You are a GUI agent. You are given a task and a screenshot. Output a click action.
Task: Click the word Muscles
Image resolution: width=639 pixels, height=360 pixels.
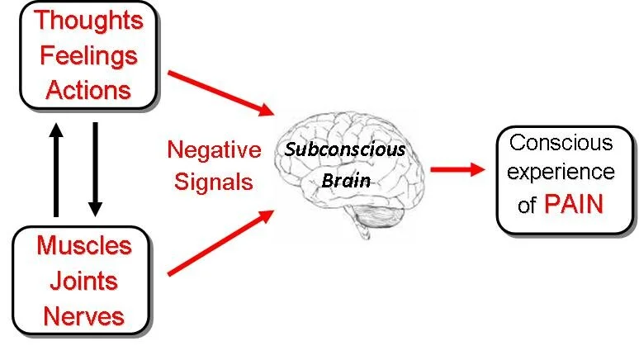[84, 245]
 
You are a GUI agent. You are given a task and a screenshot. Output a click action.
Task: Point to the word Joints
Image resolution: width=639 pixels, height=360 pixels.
[84, 280]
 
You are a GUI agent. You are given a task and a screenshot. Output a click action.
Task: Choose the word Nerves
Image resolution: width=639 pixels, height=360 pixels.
[84, 315]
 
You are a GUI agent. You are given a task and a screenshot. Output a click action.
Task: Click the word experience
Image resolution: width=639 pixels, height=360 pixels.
[561, 172]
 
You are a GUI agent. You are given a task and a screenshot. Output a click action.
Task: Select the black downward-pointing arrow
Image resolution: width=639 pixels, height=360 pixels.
[95, 168]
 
